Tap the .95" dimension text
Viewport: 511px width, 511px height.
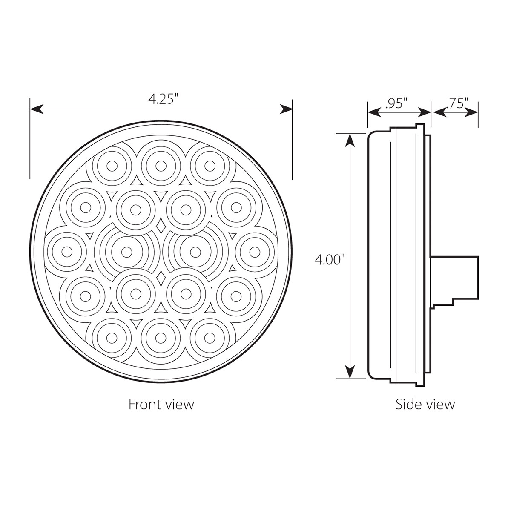(x=396, y=103)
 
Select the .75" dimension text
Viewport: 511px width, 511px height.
(x=456, y=103)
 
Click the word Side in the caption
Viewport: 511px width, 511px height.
(x=408, y=404)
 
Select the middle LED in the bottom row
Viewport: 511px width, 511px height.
(x=161, y=337)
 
